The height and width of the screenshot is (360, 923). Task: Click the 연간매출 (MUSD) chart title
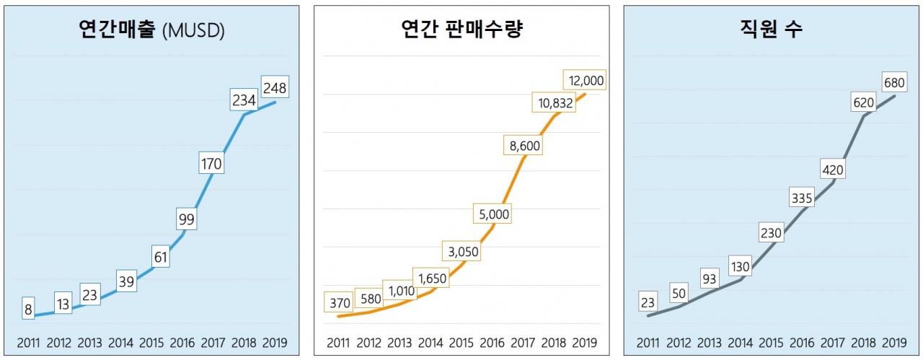pyautogui.click(x=152, y=30)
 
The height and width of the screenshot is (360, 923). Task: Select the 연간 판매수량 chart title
pyautogui.click(x=461, y=30)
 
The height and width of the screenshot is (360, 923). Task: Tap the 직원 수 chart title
pyautogui.click(x=771, y=30)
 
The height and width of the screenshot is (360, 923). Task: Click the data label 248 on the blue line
pyautogui.click(x=275, y=88)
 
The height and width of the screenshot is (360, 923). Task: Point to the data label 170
pyautogui.click(x=211, y=164)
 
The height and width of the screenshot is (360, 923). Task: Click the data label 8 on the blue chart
pyautogui.click(x=28, y=310)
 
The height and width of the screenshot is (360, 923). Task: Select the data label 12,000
pyautogui.click(x=586, y=80)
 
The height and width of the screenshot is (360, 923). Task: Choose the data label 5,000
pyautogui.click(x=493, y=214)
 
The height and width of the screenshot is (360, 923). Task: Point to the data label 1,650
pyautogui.click(x=430, y=277)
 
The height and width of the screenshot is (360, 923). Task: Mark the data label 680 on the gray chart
pyautogui.click(x=895, y=80)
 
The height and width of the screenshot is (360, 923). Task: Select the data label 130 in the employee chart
pyautogui.click(x=741, y=266)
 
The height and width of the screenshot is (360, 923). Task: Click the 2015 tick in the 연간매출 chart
pyautogui.click(x=152, y=343)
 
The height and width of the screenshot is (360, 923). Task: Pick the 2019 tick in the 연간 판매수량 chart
pyautogui.click(x=586, y=343)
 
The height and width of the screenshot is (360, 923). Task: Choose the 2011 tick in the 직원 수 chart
pyautogui.click(x=648, y=343)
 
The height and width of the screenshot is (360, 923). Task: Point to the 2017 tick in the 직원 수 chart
pyautogui.click(x=833, y=343)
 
